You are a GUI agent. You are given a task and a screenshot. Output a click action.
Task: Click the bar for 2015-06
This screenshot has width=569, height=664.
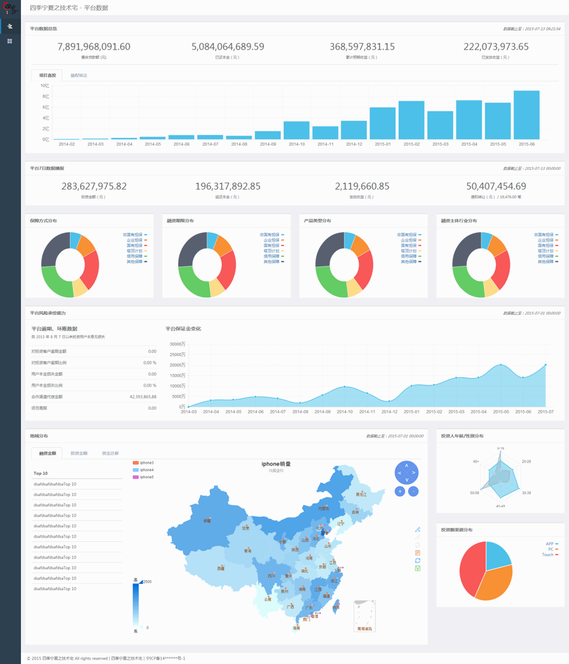click(x=526, y=115)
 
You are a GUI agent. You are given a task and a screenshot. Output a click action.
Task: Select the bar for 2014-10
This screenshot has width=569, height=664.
click(x=296, y=130)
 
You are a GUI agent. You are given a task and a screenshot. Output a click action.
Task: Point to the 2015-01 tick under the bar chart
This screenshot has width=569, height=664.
click(x=383, y=144)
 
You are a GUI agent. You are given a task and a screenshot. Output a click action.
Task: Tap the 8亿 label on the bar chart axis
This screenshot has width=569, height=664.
click(x=45, y=97)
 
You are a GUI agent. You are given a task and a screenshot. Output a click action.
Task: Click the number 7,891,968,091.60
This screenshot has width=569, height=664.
click(x=93, y=46)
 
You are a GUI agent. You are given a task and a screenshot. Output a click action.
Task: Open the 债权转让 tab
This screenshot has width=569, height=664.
click(x=79, y=76)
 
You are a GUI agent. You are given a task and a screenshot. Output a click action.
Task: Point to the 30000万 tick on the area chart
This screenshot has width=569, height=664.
click(x=177, y=344)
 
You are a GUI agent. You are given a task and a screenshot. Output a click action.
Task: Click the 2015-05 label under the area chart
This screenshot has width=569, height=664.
click(x=501, y=412)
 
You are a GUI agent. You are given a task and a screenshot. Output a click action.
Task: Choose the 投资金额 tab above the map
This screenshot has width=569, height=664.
click(x=79, y=453)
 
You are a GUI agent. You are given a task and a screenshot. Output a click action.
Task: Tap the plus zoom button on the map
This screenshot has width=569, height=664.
click(x=400, y=491)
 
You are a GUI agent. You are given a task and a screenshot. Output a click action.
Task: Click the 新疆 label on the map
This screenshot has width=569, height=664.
click(x=207, y=521)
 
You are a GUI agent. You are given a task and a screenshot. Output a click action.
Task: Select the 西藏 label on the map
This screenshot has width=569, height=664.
click(x=221, y=568)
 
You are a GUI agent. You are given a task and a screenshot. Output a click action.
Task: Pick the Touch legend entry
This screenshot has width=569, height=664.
click(x=548, y=555)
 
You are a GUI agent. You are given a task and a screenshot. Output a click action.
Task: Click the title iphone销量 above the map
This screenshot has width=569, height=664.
click(x=276, y=464)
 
